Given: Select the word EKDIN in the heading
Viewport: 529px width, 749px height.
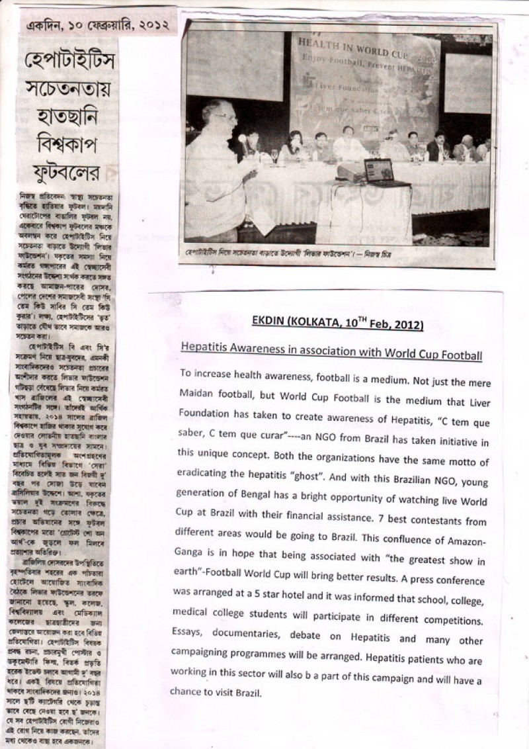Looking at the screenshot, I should (268, 324).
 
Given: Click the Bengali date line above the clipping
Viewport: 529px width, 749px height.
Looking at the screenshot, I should (98, 26).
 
